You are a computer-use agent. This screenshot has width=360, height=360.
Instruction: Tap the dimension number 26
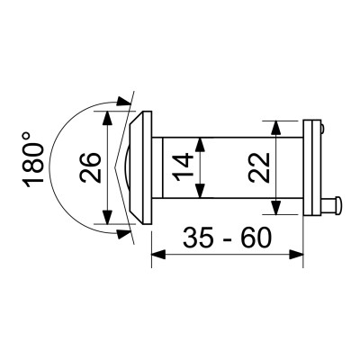click(x=90, y=166)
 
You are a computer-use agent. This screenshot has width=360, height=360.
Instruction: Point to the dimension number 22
click(x=259, y=167)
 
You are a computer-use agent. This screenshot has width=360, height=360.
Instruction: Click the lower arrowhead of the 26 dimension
click(x=107, y=219)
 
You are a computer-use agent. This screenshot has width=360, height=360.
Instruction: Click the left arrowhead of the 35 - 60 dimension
click(x=156, y=254)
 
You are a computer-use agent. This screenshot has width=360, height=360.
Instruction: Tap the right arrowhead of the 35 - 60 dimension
click(x=299, y=254)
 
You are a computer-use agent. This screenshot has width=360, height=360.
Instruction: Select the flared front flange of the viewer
click(x=139, y=166)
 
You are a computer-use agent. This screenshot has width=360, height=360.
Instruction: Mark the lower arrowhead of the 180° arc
click(x=122, y=232)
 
